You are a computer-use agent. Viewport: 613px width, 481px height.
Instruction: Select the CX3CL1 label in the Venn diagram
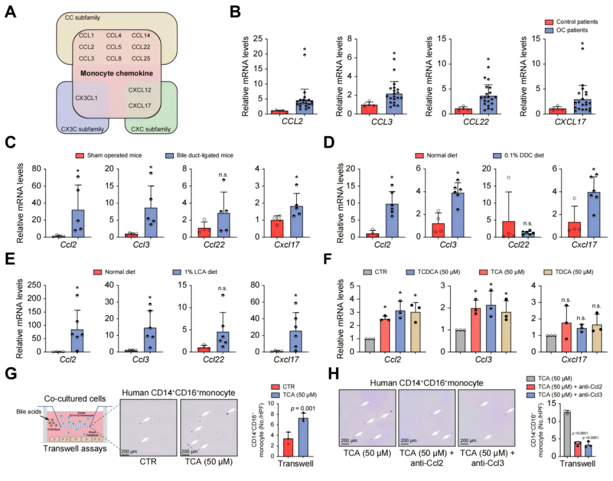coord(86,98)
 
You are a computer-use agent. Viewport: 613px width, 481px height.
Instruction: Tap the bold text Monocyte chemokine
coord(112,74)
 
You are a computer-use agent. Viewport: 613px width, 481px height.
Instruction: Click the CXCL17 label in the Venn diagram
coord(140,105)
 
